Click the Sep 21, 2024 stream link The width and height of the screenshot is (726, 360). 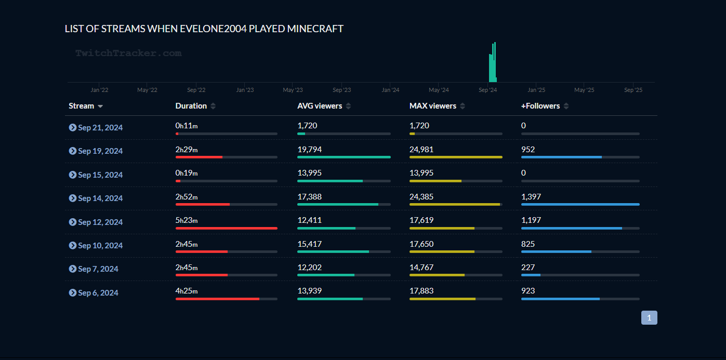[x=100, y=127]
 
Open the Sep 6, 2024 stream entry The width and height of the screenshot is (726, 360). [x=98, y=292]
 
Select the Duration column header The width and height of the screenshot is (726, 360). [x=191, y=106]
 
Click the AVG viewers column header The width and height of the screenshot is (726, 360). [x=320, y=106]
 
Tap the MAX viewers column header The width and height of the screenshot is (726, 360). [x=433, y=106]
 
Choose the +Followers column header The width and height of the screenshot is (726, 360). [x=540, y=106]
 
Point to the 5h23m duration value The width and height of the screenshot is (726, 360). [x=187, y=220]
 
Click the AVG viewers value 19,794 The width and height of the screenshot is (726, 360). [x=310, y=149]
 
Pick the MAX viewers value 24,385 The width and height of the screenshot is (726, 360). [x=421, y=196]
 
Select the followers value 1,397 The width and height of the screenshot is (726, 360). [x=531, y=196]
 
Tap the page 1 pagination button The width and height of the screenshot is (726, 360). [x=649, y=317]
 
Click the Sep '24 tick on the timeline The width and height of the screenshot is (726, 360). [x=487, y=90]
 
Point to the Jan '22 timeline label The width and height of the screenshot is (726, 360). [x=99, y=90]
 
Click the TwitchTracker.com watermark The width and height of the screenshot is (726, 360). [x=128, y=53]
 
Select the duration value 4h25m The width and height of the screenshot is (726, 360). [x=187, y=291]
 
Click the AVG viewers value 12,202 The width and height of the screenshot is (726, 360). [x=310, y=268]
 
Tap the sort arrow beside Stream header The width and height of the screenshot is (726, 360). [x=100, y=106]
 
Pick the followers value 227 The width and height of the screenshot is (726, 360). [x=528, y=268]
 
